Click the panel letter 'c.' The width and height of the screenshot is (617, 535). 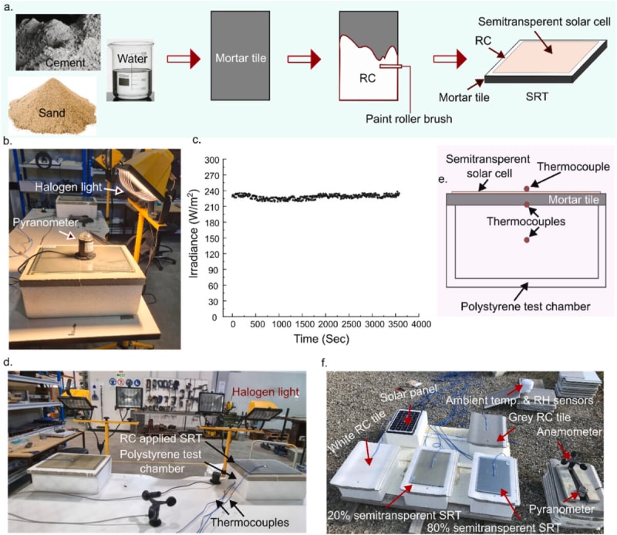(197, 140)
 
